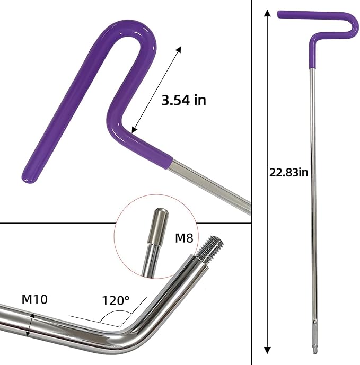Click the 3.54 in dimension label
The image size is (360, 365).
(183, 100)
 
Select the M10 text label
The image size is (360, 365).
(34, 299)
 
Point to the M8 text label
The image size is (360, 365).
(183, 238)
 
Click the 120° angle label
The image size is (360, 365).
(116, 300)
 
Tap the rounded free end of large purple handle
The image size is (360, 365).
(29, 177)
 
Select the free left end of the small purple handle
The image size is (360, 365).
(280, 14)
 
